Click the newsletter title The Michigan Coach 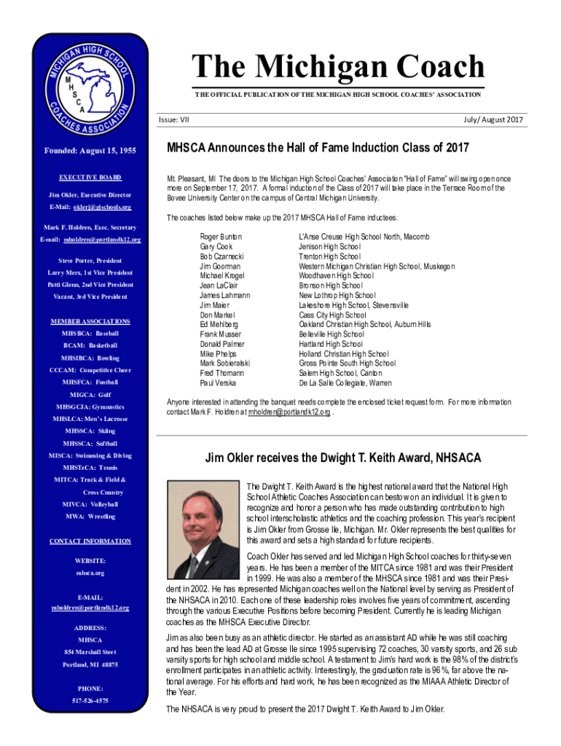coord(337,68)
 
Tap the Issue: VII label coord(173,119)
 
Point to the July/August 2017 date coord(493,119)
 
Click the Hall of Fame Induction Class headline coord(318,148)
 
